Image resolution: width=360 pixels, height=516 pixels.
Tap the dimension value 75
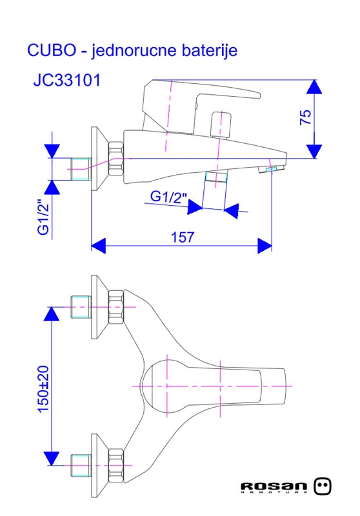point(305,117)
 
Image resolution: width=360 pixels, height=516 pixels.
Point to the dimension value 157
point(183,237)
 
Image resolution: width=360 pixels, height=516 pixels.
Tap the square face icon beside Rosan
point(324,486)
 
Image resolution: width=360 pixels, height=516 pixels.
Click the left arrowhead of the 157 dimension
point(98,245)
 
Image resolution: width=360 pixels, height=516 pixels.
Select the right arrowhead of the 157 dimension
point(264,245)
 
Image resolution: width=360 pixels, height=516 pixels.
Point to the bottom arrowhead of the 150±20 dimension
point(52,457)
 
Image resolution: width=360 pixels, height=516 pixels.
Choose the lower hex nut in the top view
point(116,464)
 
